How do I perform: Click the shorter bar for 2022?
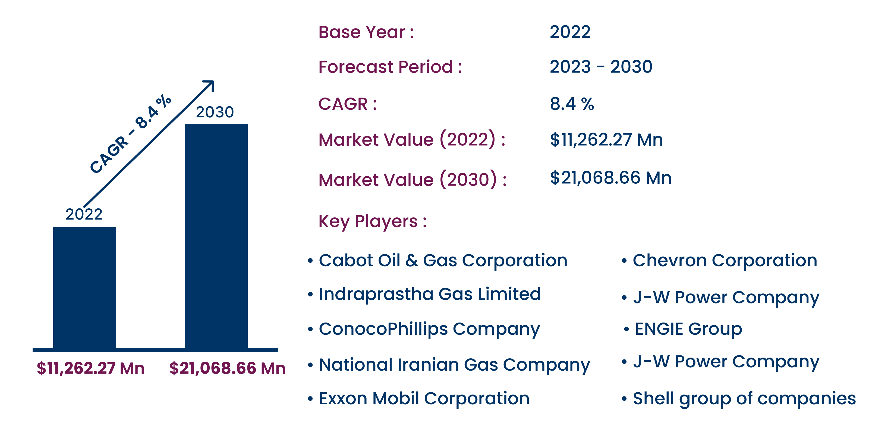pos(85,287)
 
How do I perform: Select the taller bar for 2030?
pos(216,236)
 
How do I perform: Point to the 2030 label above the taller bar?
pos(215,112)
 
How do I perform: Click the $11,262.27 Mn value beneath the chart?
pos(90,368)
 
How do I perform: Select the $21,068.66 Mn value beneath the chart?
pos(227,368)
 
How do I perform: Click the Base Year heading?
pos(366,32)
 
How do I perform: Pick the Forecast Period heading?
pos(390,67)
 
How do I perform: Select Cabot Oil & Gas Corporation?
pos(443,261)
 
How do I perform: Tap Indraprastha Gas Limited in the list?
pos(430,294)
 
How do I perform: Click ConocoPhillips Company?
pos(429,329)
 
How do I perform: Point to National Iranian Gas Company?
pos(454,365)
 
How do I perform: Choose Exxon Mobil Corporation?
pos(424,399)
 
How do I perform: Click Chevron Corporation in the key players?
pos(725,261)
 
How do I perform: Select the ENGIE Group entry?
pos(688,329)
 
